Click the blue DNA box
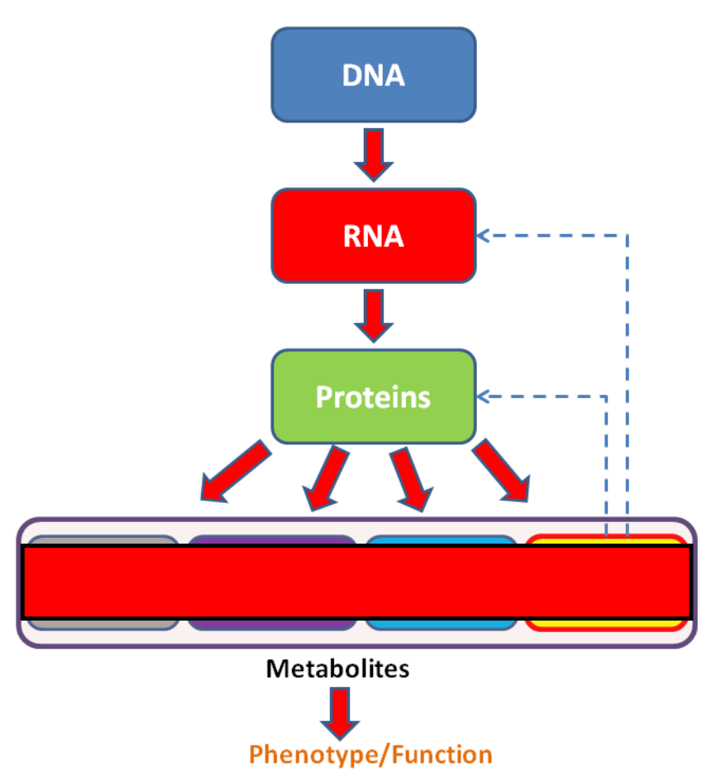(x=374, y=74)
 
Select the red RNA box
(x=374, y=236)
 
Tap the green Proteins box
(x=374, y=397)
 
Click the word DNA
(x=374, y=75)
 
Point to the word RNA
(x=374, y=237)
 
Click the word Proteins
(x=373, y=397)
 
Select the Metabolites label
(x=337, y=669)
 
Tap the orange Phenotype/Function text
(x=370, y=755)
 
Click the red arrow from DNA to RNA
(x=374, y=155)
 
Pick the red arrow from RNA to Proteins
(x=374, y=316)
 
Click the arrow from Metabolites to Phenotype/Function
(x=340, y=714)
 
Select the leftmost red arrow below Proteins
(x=236, y=471)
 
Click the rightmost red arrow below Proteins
(x=502, y=470)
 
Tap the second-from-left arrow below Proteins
(x=326, y=478)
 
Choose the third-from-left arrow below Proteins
(x=412, y=479)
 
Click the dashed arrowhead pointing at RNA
(x=482, y=236)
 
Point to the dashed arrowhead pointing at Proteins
(x=482, y=396)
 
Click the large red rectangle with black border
(x=357, y=582)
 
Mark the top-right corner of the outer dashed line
(x=628, y=236)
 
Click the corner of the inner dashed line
(x=606, y=396)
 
